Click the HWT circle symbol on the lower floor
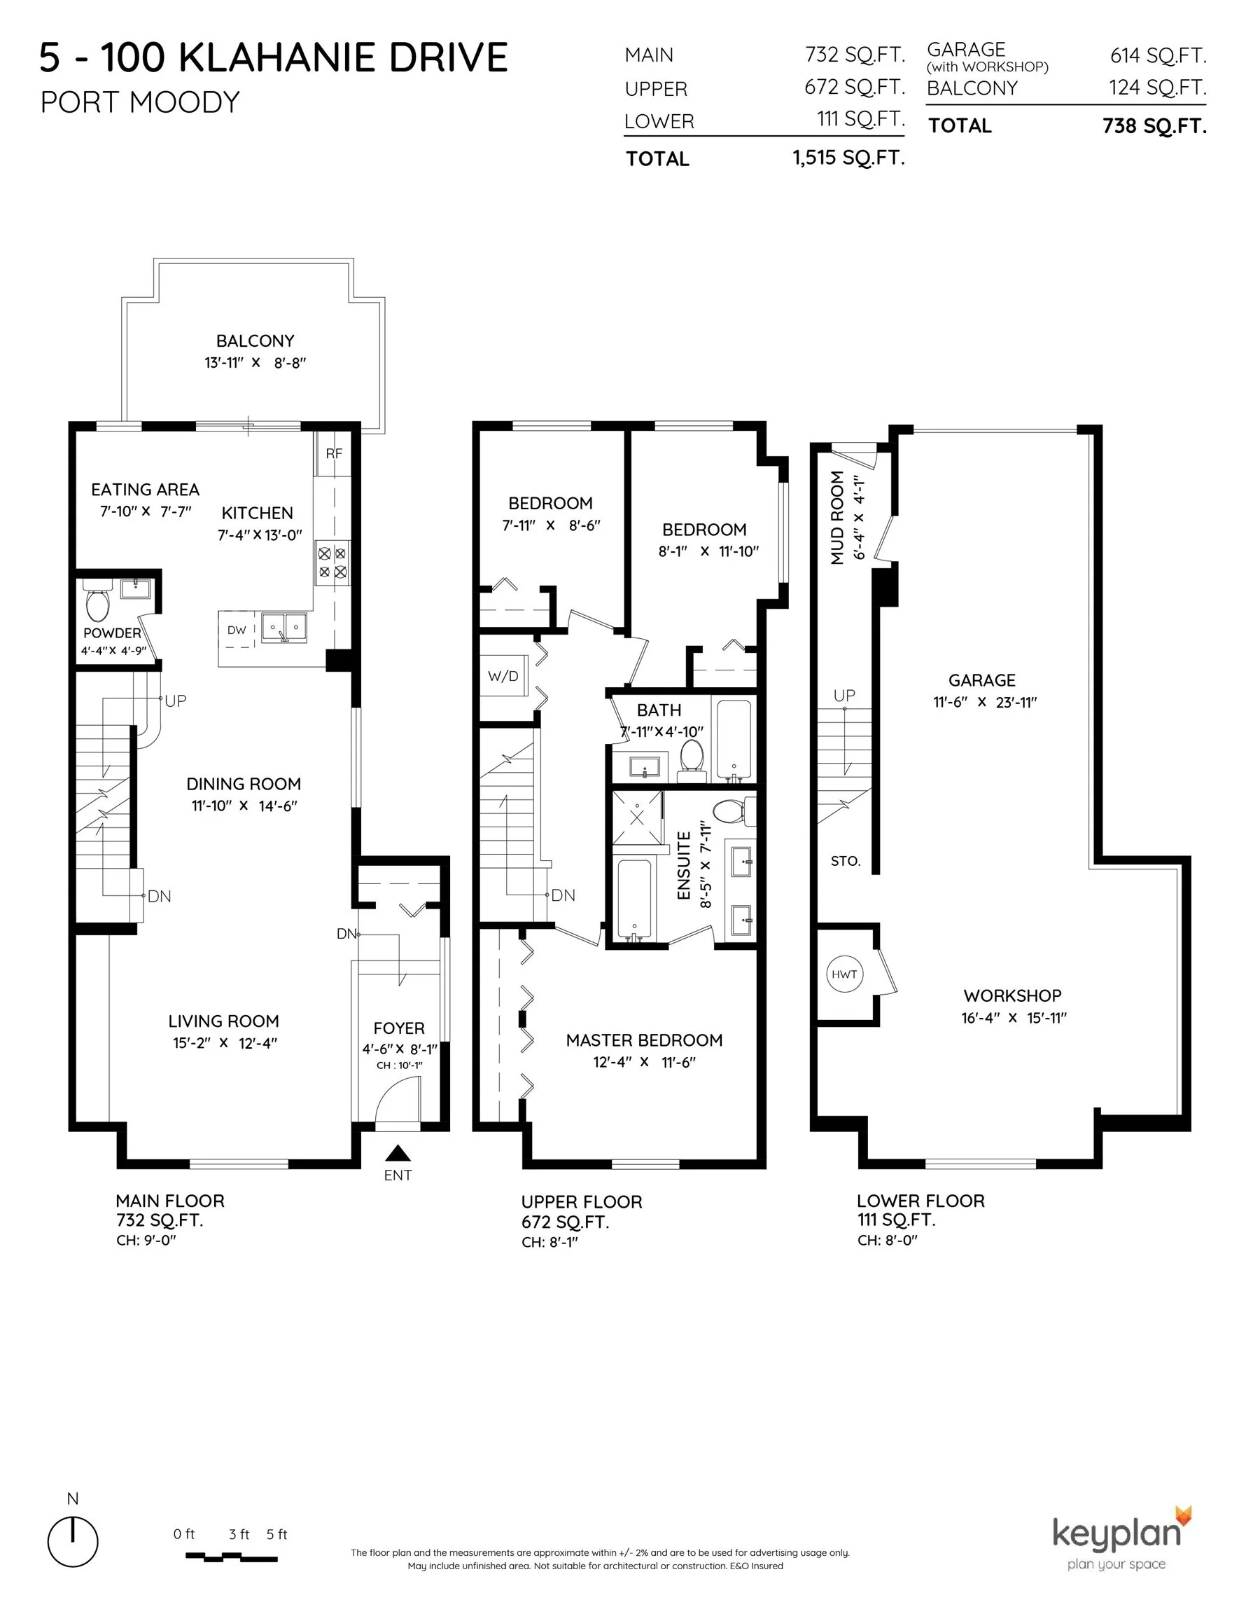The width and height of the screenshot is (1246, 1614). (x=844, y=974)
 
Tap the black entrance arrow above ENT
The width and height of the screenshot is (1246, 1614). (x=398, y=1153)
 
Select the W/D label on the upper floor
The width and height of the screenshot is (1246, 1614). (x=503, y=676)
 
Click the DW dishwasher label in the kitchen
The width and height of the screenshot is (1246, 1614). (x=237, y=630)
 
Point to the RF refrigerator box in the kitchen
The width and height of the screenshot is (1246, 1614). (x=334, y=454)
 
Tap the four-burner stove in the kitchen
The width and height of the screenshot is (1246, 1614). (x=332, y=563)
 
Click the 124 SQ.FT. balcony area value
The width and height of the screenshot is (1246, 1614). (x=1157, y=88)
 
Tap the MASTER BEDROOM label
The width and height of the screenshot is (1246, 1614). (x=644, y=1040)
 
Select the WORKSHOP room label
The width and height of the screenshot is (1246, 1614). (x=1013, y=995)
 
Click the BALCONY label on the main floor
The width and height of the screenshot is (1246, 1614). (x=255, y=340)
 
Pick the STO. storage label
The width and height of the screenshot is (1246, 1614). (x=846, y=861)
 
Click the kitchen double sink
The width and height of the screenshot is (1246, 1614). (x=283, y=628)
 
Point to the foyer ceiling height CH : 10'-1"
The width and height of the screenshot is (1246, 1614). (x=400, y=1065)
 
